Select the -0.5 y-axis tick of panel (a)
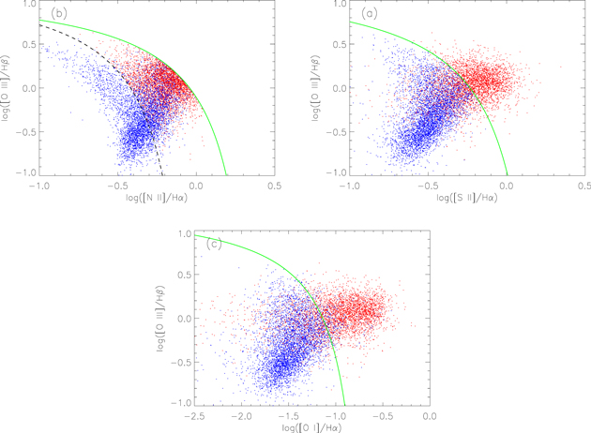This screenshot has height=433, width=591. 333,132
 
